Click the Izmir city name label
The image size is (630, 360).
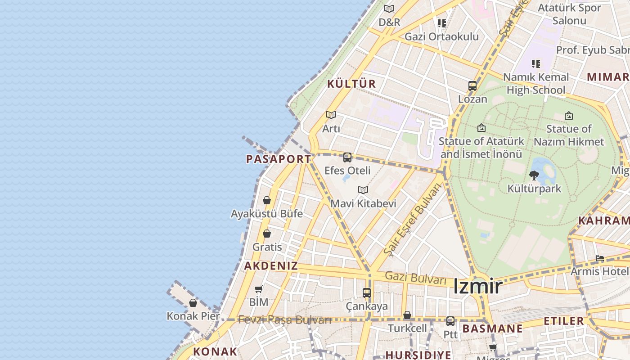point(477,286)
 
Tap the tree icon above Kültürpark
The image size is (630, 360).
point(534,175)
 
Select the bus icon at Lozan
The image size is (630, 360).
point(472,86)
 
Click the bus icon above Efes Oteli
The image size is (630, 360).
point(347,157)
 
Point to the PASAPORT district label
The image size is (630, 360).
point(279,159)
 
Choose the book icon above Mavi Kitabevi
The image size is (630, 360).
point(363,190)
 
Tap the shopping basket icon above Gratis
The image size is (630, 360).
point(267,234)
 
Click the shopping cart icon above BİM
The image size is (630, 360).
point(259,289)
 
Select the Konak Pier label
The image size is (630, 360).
point(193,316)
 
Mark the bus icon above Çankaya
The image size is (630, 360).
point(367,293)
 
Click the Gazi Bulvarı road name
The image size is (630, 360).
point(416,277)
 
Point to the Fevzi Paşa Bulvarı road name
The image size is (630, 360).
point(285,320)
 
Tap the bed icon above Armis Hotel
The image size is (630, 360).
point(600,259)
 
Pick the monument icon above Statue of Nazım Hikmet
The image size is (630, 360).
point(569,116)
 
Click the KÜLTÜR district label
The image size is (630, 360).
point(351,84)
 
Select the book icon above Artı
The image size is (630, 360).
point(331,115)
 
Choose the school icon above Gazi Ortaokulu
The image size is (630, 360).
point(442,23)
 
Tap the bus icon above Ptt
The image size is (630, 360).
point(450,321)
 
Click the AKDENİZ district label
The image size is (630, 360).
point(271,265)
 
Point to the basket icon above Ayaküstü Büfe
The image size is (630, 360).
point(267,200)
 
